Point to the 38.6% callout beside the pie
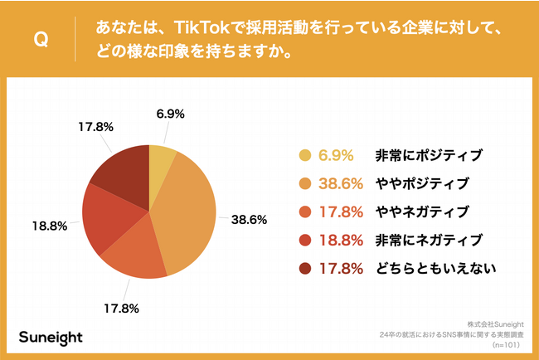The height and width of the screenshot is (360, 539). tap(248, 220)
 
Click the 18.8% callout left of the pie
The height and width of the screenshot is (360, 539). tap(48, 226)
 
